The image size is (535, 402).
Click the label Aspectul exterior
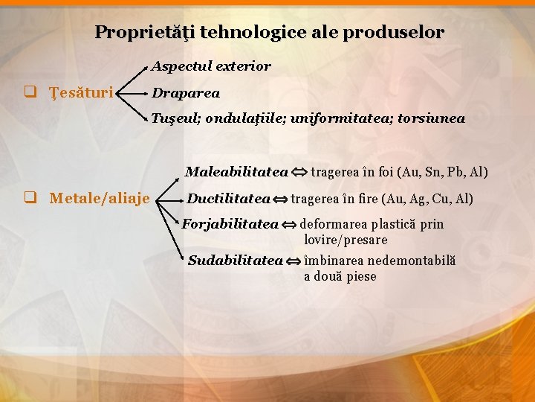click(211, 66)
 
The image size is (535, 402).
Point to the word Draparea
click(186, 93)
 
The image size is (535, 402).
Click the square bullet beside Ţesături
click(30, 93)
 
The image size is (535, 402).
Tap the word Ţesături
click(81, 93)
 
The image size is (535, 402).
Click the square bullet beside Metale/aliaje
click(30, 198)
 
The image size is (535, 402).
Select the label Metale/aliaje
click(100, 198)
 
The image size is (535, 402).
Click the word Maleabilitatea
click(236, 173)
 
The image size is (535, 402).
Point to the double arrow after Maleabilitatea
click(299, 173)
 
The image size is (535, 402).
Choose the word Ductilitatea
click(228, 199)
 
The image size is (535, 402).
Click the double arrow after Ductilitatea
click(279, 200)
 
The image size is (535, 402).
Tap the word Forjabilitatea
click(230, 224)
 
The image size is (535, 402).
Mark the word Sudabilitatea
click(236, 261)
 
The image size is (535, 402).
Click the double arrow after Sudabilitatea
click(294, 261)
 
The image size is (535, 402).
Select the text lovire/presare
click(346, 240)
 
